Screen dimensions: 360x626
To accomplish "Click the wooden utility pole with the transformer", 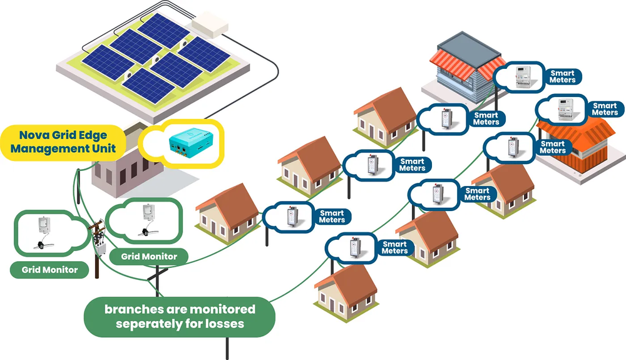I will click(x=98, y=241).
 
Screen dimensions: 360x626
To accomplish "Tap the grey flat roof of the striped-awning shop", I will click(x=463, y=43).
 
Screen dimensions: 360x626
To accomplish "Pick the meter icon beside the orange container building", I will click(x=565, y=109).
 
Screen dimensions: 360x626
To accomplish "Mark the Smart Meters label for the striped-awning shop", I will click(x=562, y=77).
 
